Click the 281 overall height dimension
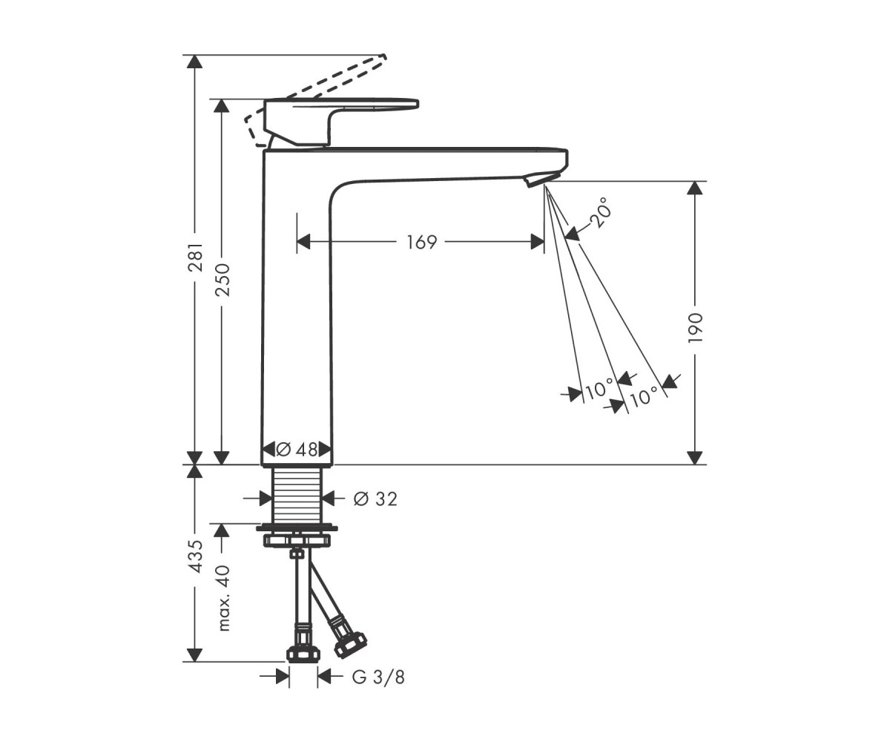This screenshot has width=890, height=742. tap(195, 257)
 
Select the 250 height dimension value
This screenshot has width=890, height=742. tap(222, 280)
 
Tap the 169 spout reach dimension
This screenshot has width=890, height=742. tap(421, 242)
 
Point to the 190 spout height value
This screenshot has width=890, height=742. tap(695, 327)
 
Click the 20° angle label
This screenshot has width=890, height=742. tap(601, 213)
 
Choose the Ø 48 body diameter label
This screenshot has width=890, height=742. tap(297, 449)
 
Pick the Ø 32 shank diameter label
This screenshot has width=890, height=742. tap(375, 499)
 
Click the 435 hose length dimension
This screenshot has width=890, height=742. tap(195, 557)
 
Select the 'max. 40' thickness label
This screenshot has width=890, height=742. tap(222, 598)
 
